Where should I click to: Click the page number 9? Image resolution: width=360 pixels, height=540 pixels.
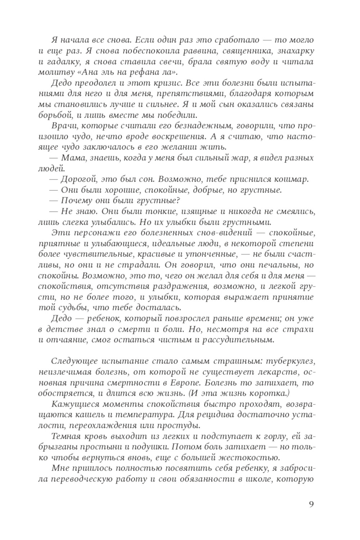click(311, 504)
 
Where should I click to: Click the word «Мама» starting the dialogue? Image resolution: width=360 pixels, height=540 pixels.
click(73, 158)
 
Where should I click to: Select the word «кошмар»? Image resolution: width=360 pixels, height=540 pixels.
click(292, 179)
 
